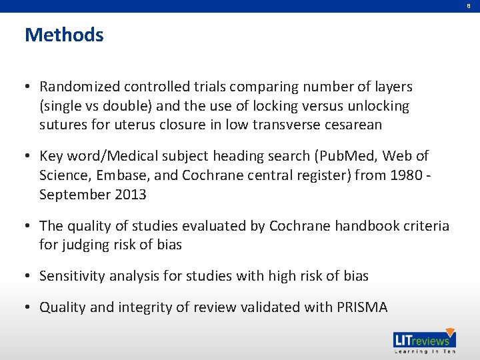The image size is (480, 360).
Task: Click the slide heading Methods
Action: [64, 35]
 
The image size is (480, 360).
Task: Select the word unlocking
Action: [376, 106]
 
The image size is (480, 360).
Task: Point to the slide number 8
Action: [469, 5]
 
